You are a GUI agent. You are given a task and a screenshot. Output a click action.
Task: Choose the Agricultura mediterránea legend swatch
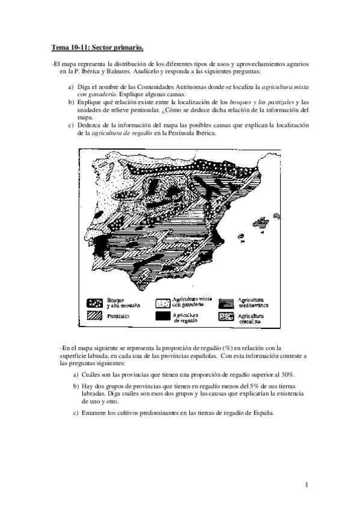point(227,302)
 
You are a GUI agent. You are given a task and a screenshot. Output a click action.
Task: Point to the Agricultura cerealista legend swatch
point(227,315)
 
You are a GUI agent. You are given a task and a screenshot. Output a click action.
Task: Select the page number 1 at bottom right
point(307,485)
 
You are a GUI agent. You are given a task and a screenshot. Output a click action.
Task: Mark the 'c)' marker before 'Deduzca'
point(71,124)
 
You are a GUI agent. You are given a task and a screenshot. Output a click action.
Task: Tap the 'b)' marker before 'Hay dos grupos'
point(75,386)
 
